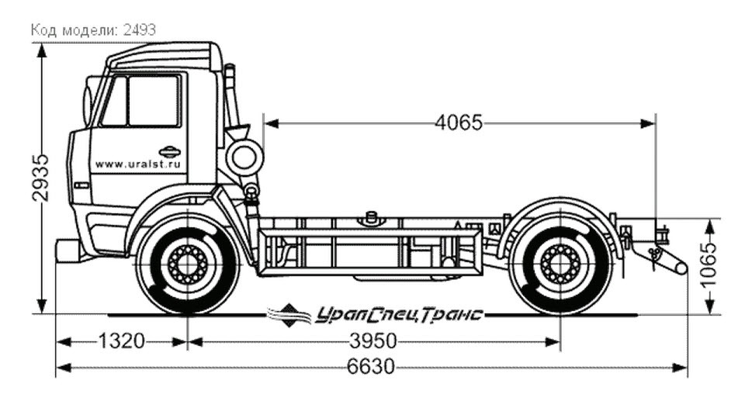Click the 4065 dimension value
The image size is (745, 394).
click(459, 123)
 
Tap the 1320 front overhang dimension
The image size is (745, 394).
click(121, 340)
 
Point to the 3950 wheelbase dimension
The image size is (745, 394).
click(373, 340)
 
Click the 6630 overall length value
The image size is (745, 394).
click(371, 367)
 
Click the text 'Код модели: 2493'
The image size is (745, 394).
click(94, 30)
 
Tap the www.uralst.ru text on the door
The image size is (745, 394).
click(138, 164)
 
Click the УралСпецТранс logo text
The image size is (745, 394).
click(399, 315)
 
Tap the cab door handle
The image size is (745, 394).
click(170, 152)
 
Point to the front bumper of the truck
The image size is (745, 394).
click(67, 251)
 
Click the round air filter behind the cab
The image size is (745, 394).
click(244, 157)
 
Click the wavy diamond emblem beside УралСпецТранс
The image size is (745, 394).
click(289, 315)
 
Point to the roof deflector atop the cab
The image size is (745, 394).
click(164, 57)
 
